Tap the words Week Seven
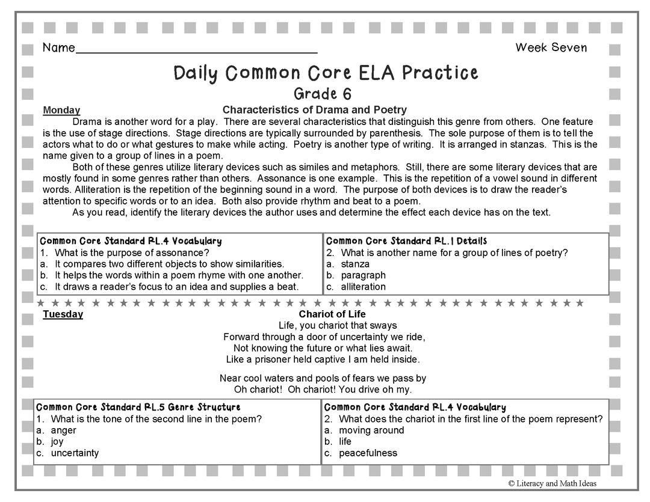pyautogui.click(x=551, y=48)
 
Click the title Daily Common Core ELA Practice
pyautogui.click(x=326, y=73)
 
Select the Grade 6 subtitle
pyautogui.click(x=323, y=94)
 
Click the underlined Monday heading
pyautogui.click(x=61, y=110)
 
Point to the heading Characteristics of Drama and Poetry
pyautogui.click(x=314, y=109)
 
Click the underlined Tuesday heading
pyautogui.click(x=63, y=314)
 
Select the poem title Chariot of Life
pyautogui.click(x=332, y=314)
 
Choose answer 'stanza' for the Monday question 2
pyautogui.click(x=354, y=264)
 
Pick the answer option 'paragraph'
pyautogui.click(x=363, y=275)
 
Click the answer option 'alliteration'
pyautogui.click(x=363, y=287)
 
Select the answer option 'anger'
pyautogui.click(x=63, y=430)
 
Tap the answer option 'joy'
pyautogui.click(x=57, y=442)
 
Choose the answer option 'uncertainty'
pyautogui.click(x=75, y=453)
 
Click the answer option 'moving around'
pyautogui.click(x=371, y=430)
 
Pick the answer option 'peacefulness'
pyautogui.click(x=368, y=453)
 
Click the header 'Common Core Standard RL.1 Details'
pyautogui.click(x=406, y=241)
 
